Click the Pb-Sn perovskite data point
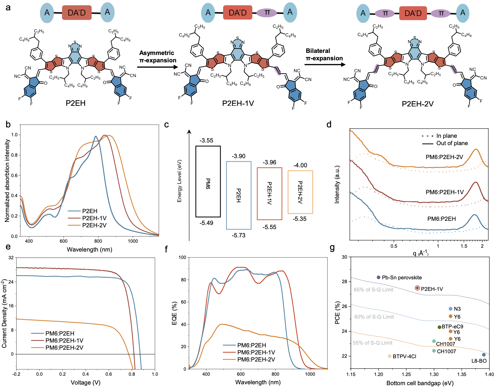(379, 277)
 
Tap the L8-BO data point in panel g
(484, 355)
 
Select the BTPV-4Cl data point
(390, 356)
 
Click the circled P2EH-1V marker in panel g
(417, 288)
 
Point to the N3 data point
(451, 309)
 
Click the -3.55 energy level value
(206, 140)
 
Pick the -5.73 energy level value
(238, 235)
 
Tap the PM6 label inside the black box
(208, 183)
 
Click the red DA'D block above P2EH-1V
(238, 13)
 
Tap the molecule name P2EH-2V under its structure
(418, 104)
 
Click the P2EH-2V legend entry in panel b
(94, 225)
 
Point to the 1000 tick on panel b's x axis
(133, 241)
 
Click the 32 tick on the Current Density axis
(11, 258)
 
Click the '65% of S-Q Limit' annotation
(373, 290)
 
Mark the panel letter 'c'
(167, 125)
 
